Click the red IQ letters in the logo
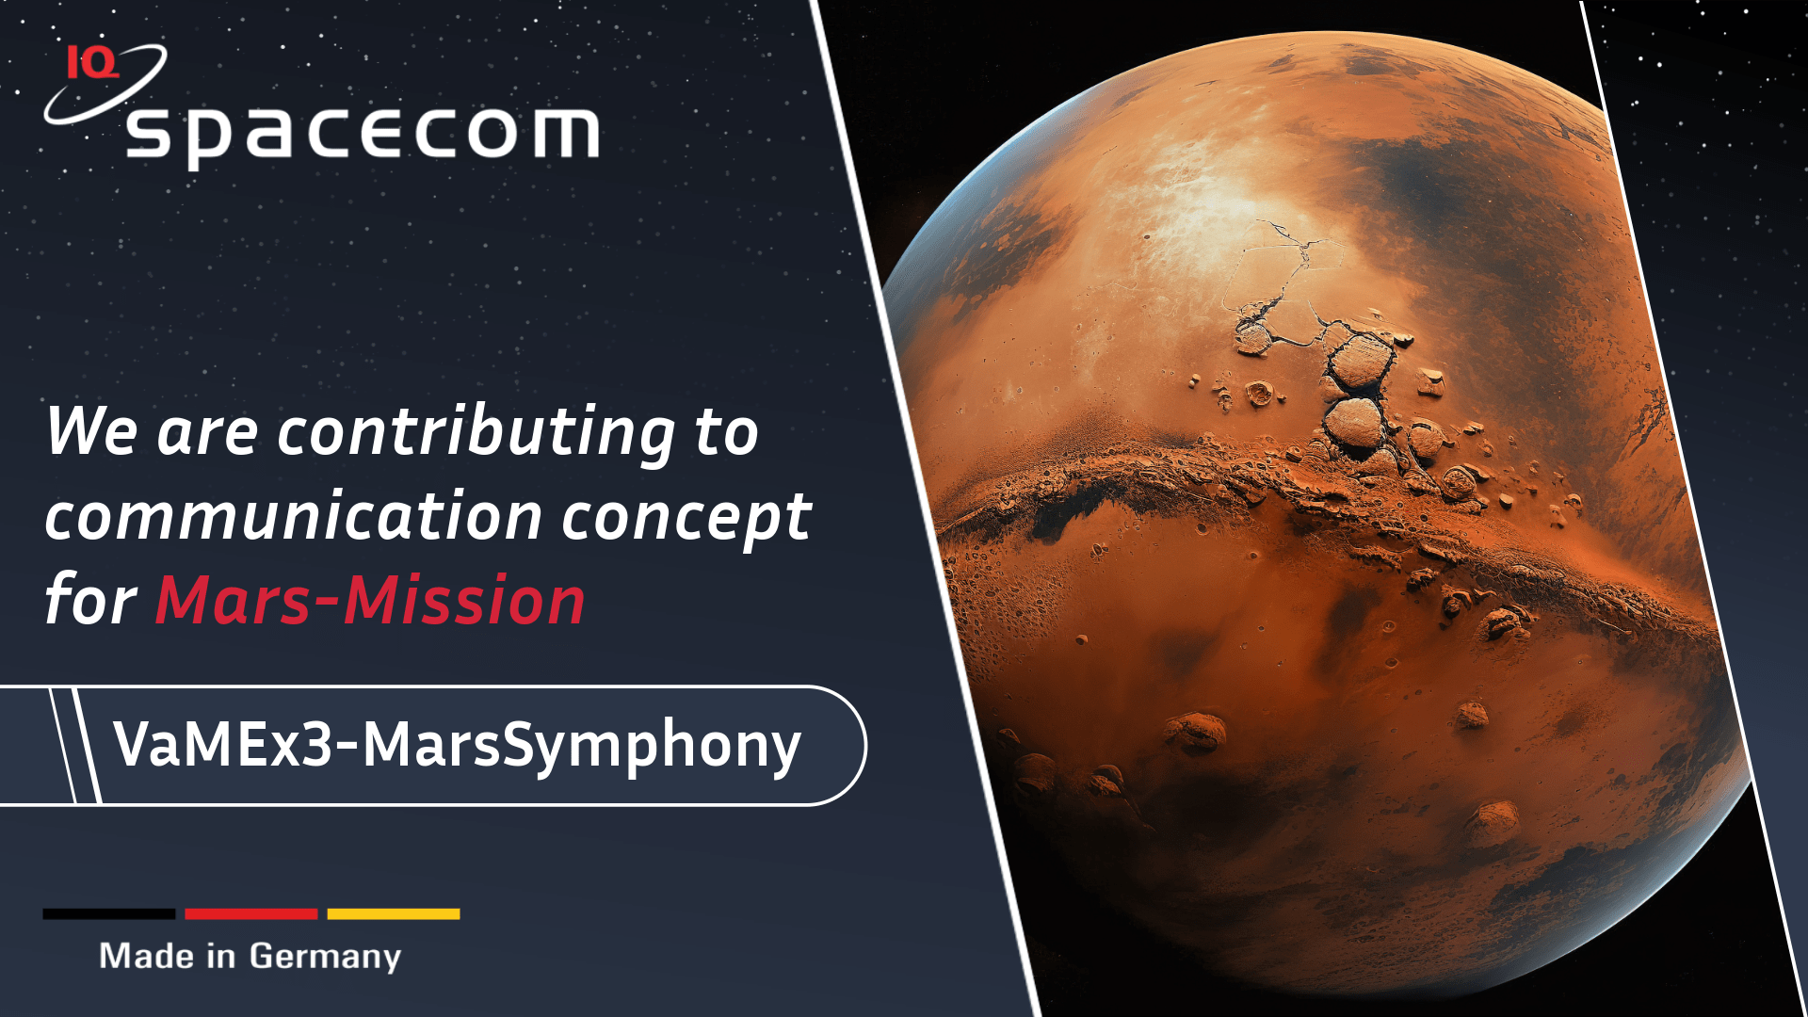[92, 62]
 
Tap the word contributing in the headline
[476, 433]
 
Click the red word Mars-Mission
[370, 601]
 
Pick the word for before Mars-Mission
[91, 600]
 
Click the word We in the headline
[92, 432]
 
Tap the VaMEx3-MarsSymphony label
[458, 746]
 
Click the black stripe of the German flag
[109, 913]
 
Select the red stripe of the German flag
[251, 913]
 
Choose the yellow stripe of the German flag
[394, 913]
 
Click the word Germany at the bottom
[325, 958]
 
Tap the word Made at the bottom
[147, 956]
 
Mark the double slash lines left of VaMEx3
[75, 745]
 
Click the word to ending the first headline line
[726, 433]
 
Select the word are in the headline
[207, 436]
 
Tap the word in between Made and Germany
[221, 956]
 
